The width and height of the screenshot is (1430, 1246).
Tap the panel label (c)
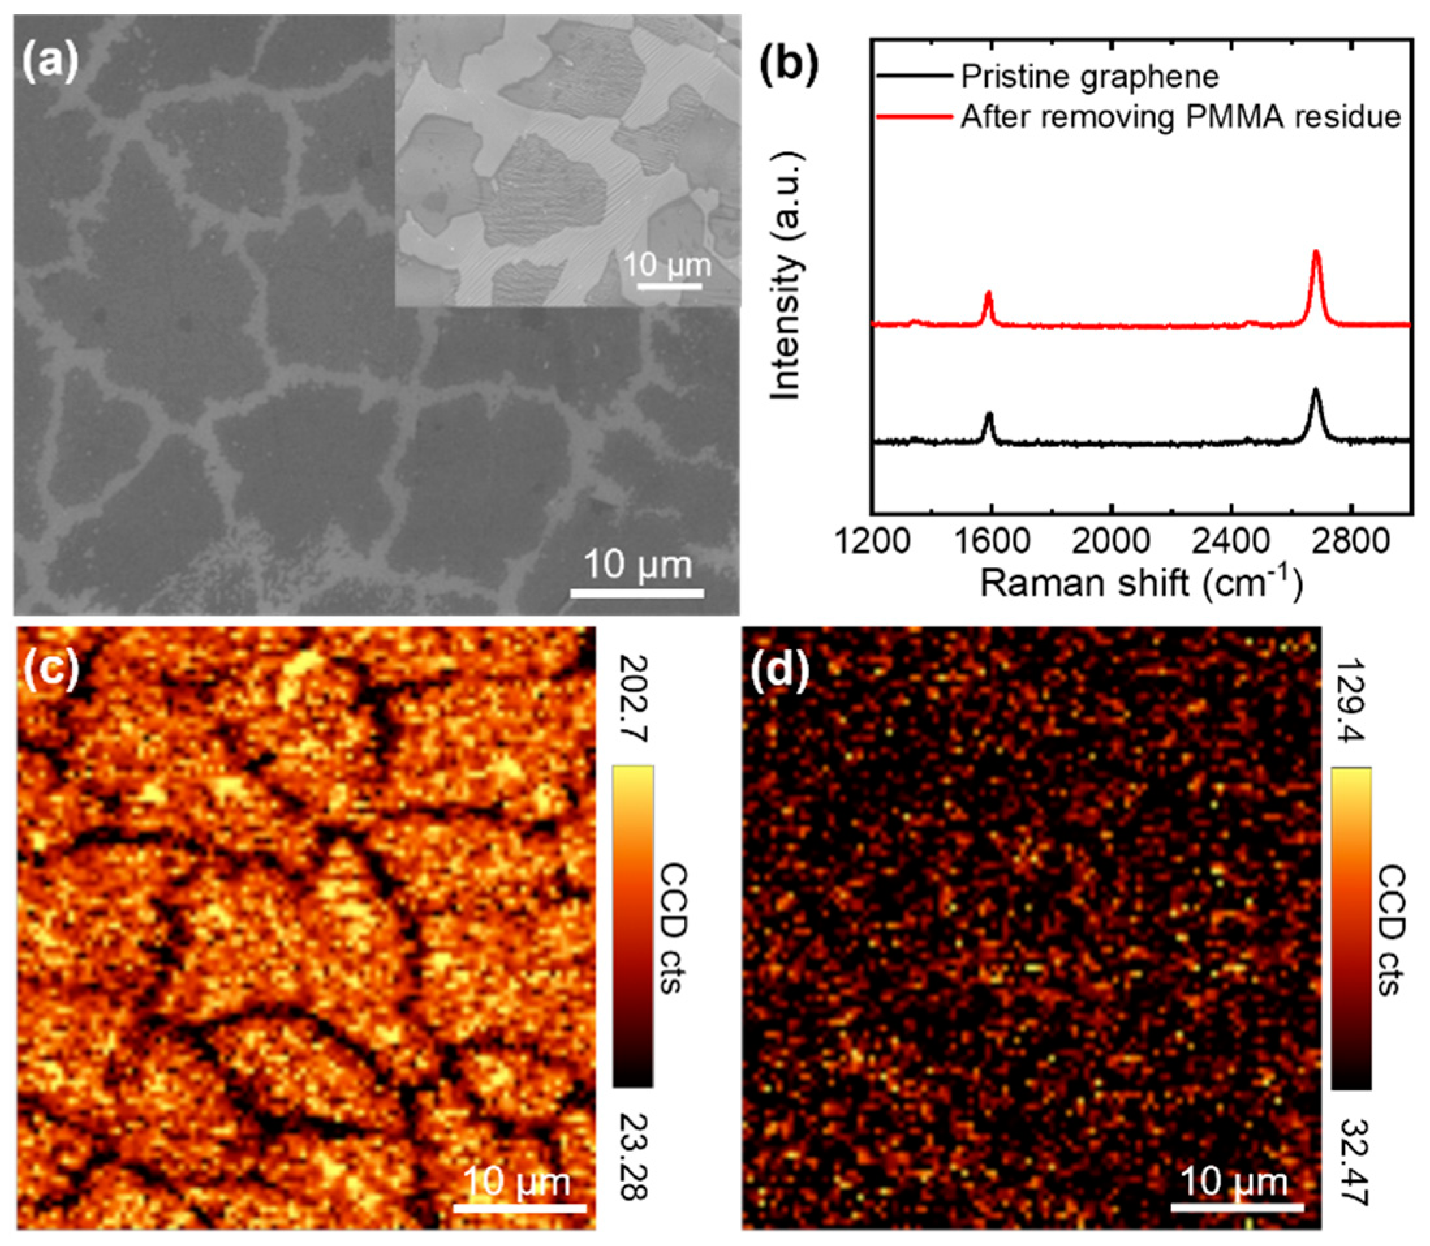(x=50, y=672)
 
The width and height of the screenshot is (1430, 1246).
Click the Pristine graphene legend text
(x=1089, y=76)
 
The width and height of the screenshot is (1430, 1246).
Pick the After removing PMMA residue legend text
(x=1181, y=117)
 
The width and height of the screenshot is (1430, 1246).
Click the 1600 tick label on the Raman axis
(x=992, y=543)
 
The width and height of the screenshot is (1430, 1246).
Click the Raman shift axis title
(x=1140, y=583)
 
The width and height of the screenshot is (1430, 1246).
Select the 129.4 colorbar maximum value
(x=1351, y=702)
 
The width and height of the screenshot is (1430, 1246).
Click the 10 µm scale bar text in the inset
(x=667, y=265)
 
